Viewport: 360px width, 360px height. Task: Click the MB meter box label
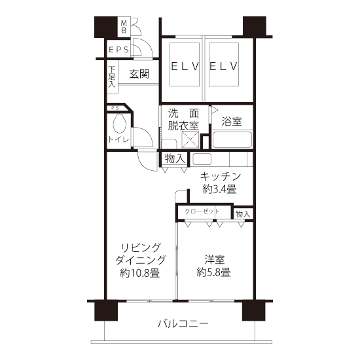pyautogui.click(x=124, y=27)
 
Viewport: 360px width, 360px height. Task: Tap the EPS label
pyautogui.click(x=118, y=50)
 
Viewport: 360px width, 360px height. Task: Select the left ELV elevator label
pyautogui.click(x=185, y=66)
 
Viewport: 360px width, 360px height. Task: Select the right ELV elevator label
pyautogui.click(x=223, y=66)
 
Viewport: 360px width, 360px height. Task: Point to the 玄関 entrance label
pyautogui.click(x=139, y=74)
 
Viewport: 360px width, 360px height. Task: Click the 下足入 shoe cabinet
pyautogui.click(x=113, y=77)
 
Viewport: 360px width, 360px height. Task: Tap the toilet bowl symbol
pyautogui.click(x=119, y=123)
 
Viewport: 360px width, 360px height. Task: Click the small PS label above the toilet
pyautogui.click(x=115, y=108)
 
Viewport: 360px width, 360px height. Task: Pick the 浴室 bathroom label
pyautogui.click(x=232, y=121)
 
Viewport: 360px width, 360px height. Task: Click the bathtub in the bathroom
pyautogui.click(x=232, y=139)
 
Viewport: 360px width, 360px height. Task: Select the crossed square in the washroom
pyautogui.click(x=190, y=139)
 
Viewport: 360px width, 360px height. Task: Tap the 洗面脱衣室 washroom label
pyautogui.click(x=183, y=119)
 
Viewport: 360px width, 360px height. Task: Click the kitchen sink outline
pyautogui.click(x=202, y=159)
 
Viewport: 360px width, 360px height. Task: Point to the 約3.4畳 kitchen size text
pyautogui.click(x=219, y=189)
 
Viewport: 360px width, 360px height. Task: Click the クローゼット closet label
pyautogui.click(x=202, y=211)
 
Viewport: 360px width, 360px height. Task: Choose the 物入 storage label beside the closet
pyautogui.click(x=243, y=214)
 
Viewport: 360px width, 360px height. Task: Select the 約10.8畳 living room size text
pyautogui.click(x=139, y=273)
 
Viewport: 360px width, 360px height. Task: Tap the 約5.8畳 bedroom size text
pyautogui.click(x=214, y=272)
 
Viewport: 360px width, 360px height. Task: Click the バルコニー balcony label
pyautogui.click(x=183, y=324)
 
